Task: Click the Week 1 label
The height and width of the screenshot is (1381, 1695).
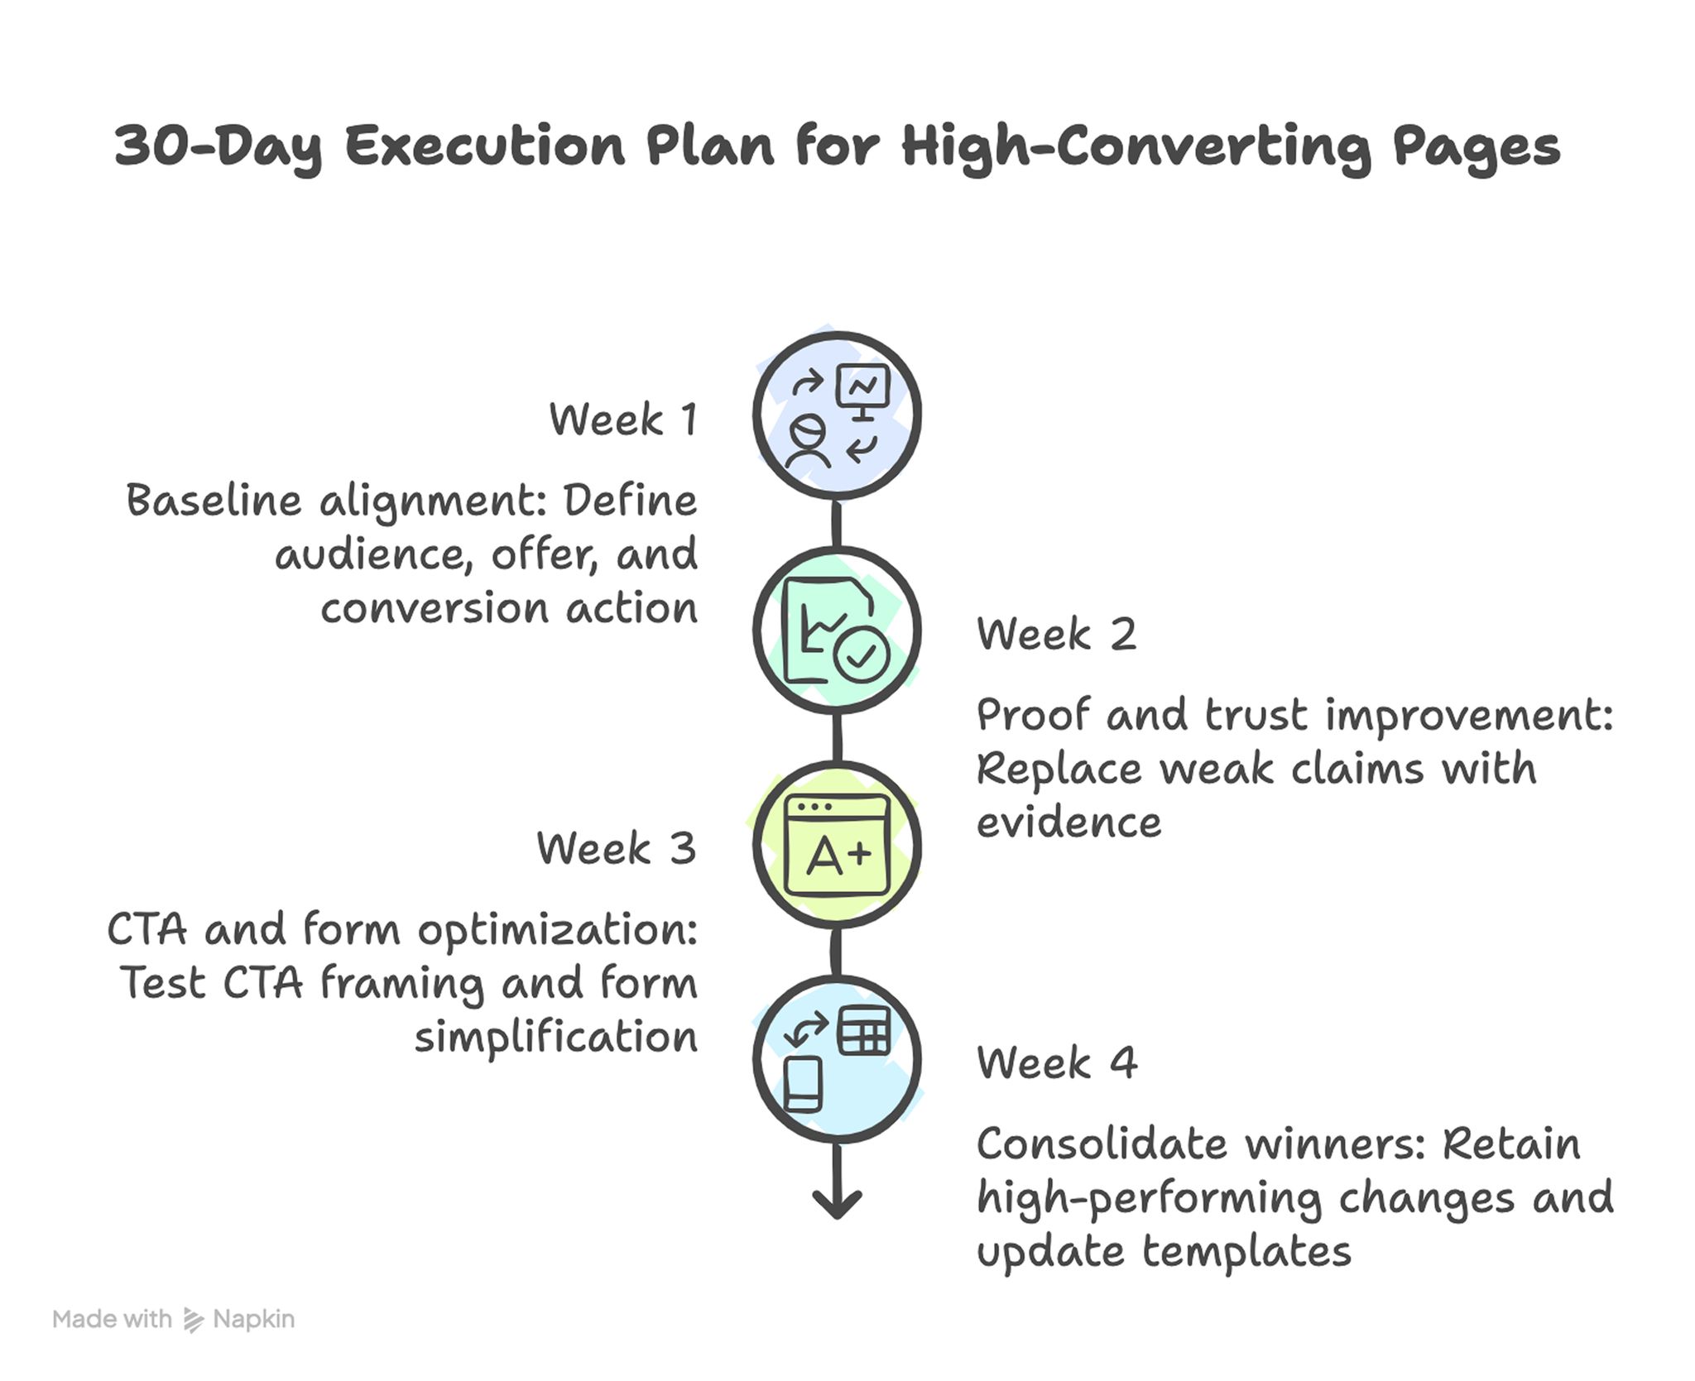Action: [622, 420]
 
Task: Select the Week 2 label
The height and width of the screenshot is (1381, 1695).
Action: [1056, 635]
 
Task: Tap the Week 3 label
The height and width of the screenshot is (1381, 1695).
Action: [616, 849]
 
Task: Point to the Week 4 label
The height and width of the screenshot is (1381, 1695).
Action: [1056, 1063]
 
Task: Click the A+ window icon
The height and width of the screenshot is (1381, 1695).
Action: [838, 846]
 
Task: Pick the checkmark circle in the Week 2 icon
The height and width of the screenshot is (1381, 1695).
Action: [862, 656]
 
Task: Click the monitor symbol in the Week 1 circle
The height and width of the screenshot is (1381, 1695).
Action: [863, 390]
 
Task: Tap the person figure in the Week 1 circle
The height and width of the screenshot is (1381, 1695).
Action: [807, 444]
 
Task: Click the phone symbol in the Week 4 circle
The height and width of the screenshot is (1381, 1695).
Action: [803, 1083]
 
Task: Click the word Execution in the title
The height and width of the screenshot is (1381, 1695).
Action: [484, 146]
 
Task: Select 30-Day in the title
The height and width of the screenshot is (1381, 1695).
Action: [218, 147]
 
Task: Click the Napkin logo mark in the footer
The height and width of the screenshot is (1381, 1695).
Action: [193, 1320]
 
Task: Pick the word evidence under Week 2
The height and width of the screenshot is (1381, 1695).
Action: [1068, 823]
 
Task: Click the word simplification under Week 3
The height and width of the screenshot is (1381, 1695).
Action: [555, 1038]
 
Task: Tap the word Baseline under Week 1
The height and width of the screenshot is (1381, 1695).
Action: [214, 501]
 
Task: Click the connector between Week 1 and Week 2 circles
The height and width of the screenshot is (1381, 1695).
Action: [837, 524]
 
